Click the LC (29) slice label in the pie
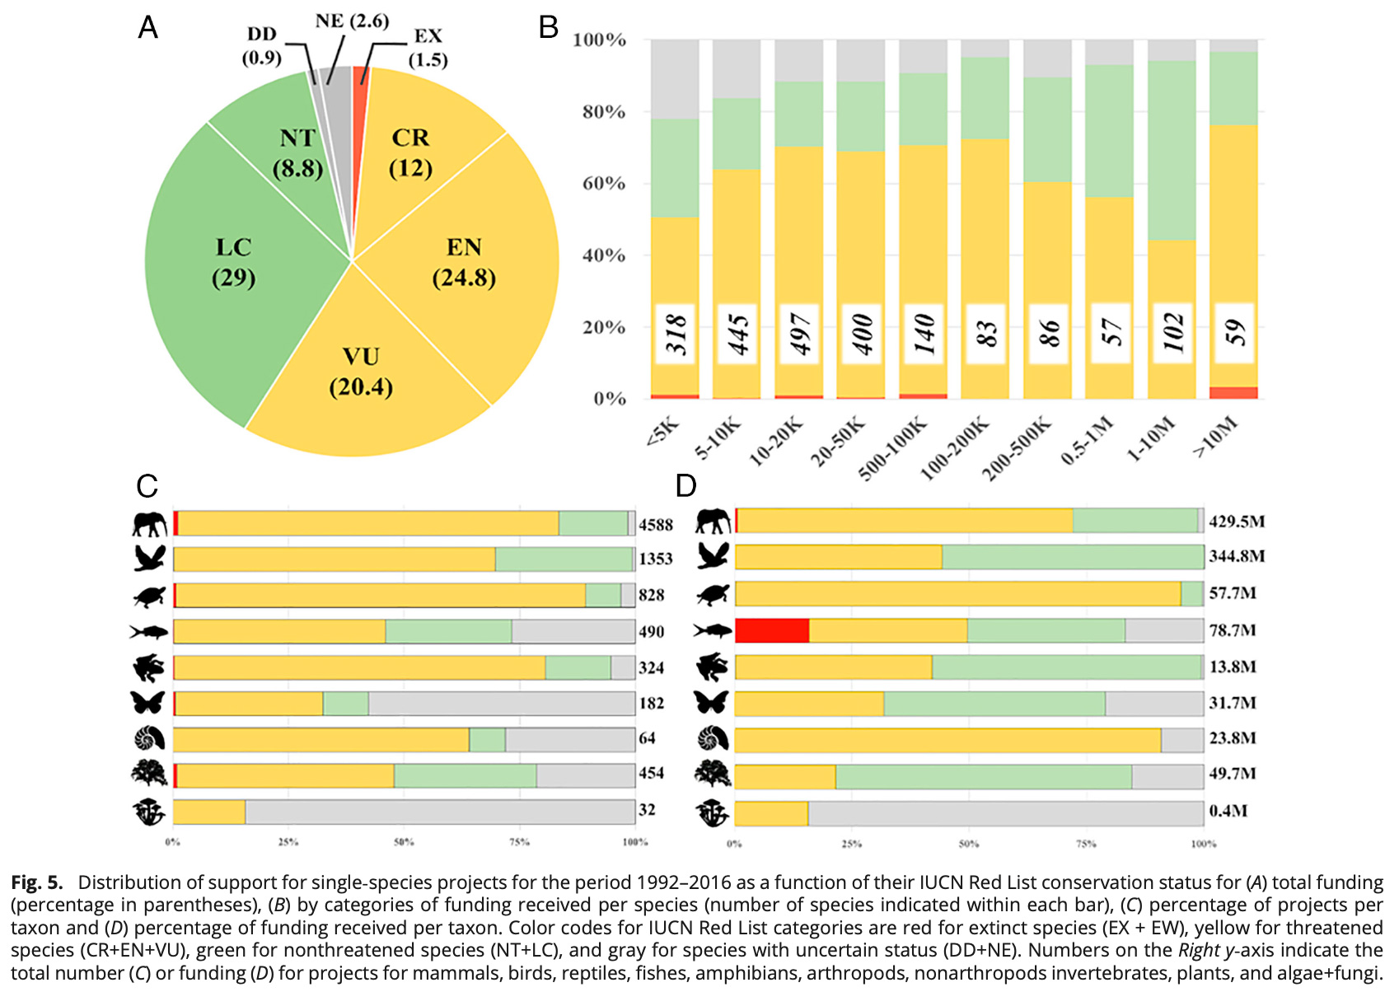coord(233,262)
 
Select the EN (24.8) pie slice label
coord(464,262)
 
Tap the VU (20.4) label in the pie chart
coord(361,372)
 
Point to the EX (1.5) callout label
coord(428,48)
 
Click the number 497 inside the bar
coord(800,334)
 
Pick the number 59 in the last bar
coord(1233,334)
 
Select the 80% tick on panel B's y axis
coord(603,112)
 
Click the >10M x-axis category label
coord(1216,437)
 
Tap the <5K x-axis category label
coord(662,433)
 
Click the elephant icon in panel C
coord(149,524)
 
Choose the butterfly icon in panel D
coord(712,702)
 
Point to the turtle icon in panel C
coord(149,596)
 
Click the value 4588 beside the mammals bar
coord(656,525)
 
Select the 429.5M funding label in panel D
coord(1237,522)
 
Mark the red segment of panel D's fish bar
coord(772,630)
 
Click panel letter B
coord(549,28)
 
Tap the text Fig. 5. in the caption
coord(37,882)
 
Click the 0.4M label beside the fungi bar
coord(1228,811)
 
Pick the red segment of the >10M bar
coord(1233,393)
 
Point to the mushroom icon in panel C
coord(149,812)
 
